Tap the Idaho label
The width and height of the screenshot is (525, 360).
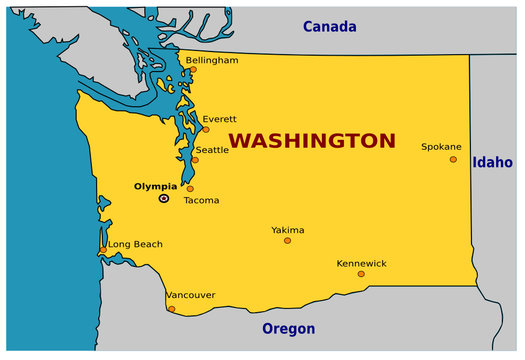coord(493,162)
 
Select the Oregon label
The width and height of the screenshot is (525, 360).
coord(288,329)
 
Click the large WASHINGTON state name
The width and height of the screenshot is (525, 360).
coord(312,140)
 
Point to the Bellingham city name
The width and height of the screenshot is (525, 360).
coord(212,60)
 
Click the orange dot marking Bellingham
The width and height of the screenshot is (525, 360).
coord(193,70)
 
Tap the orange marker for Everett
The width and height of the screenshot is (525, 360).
coord(206,129)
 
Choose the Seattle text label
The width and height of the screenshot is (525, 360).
coord(212,150)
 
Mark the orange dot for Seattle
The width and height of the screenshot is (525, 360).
coord(195,160)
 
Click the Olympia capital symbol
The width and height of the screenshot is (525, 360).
coord(164,199)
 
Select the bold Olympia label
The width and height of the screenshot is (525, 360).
coord(155,186)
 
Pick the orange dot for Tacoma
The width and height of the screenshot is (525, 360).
coord(190,189)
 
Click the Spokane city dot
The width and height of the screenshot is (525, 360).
coord(453,159)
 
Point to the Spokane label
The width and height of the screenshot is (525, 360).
coord(441,146)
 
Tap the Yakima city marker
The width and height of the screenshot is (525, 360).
coord(288,241)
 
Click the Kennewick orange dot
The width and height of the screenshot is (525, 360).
coord(361,274)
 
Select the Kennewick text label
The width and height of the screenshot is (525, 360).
coord(361,263)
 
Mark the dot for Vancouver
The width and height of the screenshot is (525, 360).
coord(171,309)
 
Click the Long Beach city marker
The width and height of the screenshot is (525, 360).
coord(103,250)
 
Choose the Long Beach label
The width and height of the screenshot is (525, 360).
coord(135,244)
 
